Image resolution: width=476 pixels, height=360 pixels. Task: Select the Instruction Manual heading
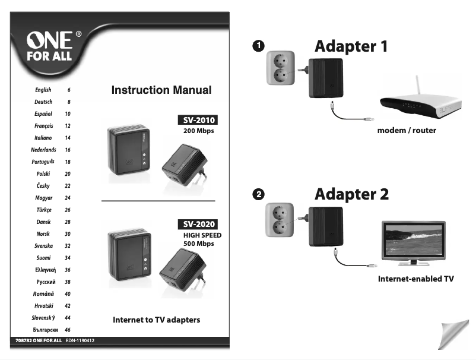(161, 90)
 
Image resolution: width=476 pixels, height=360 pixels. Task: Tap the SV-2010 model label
(197, 120)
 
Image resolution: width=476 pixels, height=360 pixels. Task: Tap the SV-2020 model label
(197, 225)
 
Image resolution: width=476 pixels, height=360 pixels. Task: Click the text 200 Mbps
(198, 131)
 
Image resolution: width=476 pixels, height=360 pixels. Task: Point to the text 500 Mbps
(198, 244)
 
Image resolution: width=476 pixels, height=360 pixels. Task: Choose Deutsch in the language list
(43, 102)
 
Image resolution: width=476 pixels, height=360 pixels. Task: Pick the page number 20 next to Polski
(68, 174)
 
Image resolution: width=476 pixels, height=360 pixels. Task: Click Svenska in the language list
(44, 246)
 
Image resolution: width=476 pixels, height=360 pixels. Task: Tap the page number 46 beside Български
(68, 330)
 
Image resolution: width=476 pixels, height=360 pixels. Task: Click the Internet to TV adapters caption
(157, 320)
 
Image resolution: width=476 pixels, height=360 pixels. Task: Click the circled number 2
(258, 194)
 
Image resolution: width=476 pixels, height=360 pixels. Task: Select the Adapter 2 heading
(351, 194)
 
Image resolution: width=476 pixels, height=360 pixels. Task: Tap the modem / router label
(407, 130)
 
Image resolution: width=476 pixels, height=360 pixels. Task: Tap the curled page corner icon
(448, 335)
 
